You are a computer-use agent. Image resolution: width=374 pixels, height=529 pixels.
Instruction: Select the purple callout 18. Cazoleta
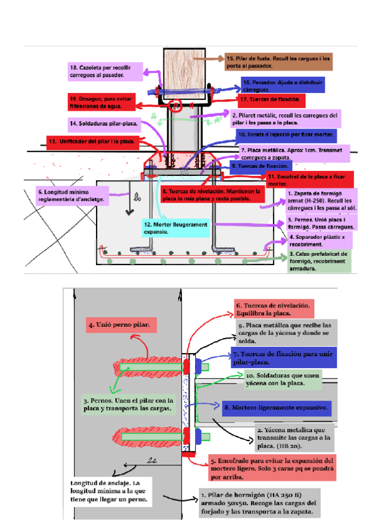[105, 70]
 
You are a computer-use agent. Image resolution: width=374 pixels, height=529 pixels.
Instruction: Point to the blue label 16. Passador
[283, 85]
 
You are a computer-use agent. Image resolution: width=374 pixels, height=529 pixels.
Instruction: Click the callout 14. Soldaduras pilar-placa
[105, 123]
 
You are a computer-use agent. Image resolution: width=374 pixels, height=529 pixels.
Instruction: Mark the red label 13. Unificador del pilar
[92, 142]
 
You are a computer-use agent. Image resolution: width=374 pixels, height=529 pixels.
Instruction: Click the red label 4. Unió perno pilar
[122, 325]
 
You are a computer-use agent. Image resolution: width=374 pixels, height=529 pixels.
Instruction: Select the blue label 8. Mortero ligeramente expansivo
[277, 408]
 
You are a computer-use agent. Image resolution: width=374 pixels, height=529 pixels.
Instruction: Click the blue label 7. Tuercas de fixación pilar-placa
[282, 358]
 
